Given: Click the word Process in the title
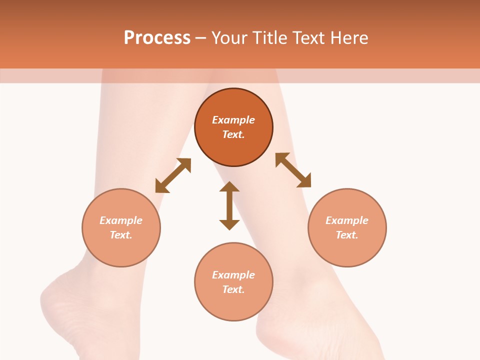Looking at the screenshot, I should (x=157, y=38).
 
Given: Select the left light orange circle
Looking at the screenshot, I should (x=121, y=250).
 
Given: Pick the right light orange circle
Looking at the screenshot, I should (x=347, y=250).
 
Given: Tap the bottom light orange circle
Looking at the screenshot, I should (x=233, y=305).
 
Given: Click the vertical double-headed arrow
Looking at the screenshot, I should (x=229, y=205).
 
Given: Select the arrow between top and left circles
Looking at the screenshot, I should (x=173, y=175).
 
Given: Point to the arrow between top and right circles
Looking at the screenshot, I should (x=293, y=170).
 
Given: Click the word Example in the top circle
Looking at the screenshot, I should (x=233, y=120).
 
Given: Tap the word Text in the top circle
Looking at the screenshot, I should (x=233, y=134).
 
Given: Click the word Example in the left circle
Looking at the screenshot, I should (x=121, y=220).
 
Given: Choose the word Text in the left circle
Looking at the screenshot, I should (x=121, y=235).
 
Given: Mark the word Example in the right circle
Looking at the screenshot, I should (x=347, y=220).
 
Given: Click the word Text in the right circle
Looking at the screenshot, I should (x=347, y=235).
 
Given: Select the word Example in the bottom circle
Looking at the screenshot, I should (x=233, y=275).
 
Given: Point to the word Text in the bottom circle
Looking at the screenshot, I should (x=233, y=289).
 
